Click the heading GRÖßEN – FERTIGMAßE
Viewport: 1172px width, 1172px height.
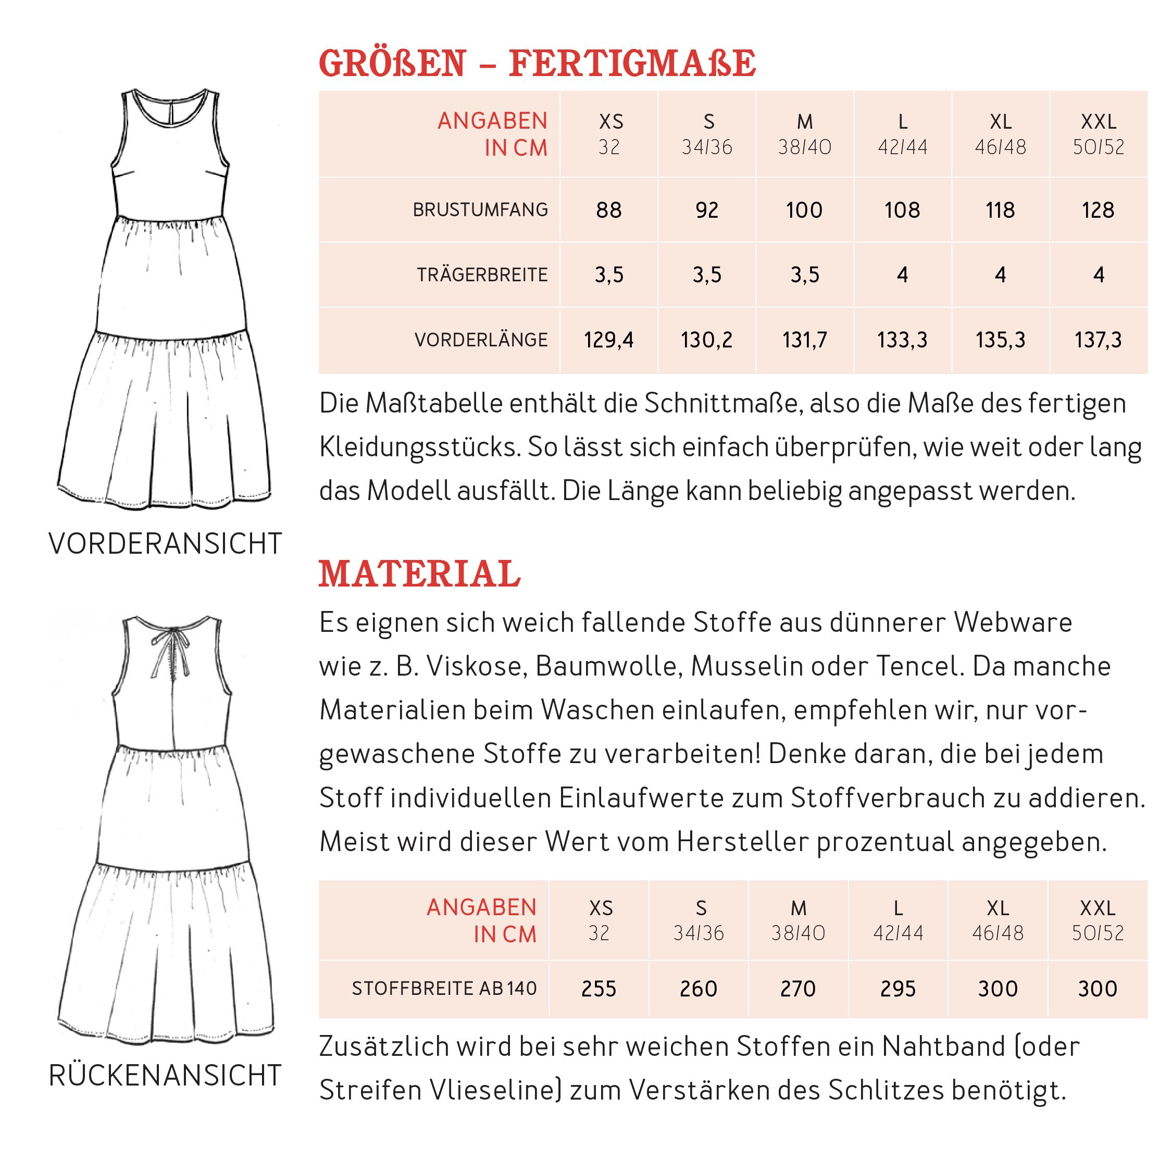pyautogui.click(x=537, y=64)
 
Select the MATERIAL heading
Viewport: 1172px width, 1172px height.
pyautogui.click(x=419, y=574)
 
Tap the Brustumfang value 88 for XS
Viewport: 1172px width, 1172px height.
pyautogui.click(x=608, y=210)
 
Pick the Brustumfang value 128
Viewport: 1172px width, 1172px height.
pyautogui.click(x=1098, y=210)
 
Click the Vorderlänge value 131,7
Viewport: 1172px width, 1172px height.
pyautogui.click(x=804, y=340)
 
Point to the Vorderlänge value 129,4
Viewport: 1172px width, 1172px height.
pyautogui.click(x=608, y=340)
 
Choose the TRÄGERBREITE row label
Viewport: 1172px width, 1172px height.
pyautogui.click(x=482, y=276)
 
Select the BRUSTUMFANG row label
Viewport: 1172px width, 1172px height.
pyautogui.click(x=480, y=210)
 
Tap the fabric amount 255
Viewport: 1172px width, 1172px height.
pyautogui.click(x=598, y=989)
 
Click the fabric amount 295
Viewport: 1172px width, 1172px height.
pyautogui.click(x=898, y=989)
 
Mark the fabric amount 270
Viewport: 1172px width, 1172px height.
pyautogui.click(x=797, y=989)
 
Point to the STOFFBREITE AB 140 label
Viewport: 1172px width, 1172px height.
pyautogui.click(x=444, y=989)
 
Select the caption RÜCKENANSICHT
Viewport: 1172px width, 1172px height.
pyautogui.click(x=165, y=1076)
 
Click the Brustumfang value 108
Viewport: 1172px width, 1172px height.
pyautogui.click(x=902, y=210)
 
